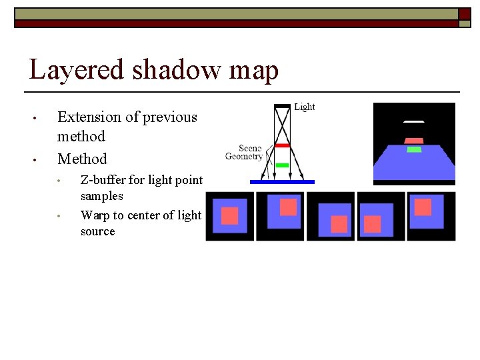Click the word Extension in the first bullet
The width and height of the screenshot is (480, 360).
[x=89, y=117]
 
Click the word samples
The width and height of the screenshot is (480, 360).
[x=101, y=196]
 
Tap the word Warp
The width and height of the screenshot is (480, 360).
[x=95, y=215]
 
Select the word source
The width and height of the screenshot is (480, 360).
[x=97, y=231]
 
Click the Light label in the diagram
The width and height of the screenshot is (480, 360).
[x=304, y=107]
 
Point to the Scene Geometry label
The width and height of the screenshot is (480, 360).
[x=244, y=152]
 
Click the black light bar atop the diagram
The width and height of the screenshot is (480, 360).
[x=283, y=106]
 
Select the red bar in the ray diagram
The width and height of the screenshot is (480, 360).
[x=282, y=145]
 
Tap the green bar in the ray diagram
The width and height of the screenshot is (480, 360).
[x=282, y=165]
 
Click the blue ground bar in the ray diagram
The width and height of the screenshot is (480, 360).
[x=282, y=181]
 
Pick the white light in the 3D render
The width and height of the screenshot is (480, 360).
[x=413, y=122]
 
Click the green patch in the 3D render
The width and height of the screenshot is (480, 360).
[x=414, y=149]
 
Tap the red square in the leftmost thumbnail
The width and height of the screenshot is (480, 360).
[x=229, y=215]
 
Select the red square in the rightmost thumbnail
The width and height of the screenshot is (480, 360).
[x=423, y=207]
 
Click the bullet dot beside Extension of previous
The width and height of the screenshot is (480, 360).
[x=35, y=119]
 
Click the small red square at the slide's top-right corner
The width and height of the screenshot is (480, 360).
[x=464, y=13]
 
